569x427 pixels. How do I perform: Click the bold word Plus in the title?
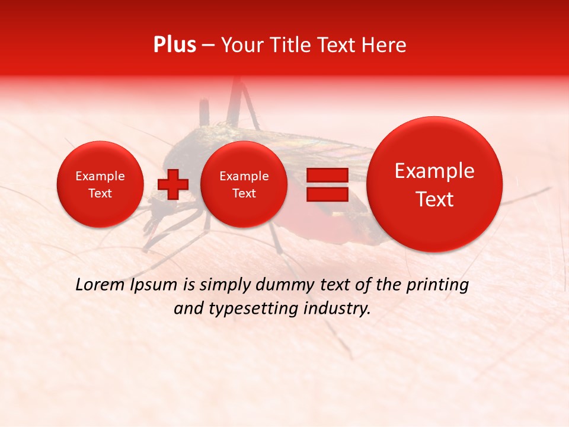(174, 45)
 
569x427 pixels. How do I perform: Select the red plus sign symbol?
(172, 184)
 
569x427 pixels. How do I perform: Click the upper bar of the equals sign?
(327, 175)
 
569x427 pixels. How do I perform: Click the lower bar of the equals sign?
(327, 195)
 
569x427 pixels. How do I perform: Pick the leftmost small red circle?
(100, 184)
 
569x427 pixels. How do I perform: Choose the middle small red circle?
(244, 184)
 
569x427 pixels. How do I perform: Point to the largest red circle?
(434, 184)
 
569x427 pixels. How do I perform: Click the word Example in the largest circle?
(434, 171)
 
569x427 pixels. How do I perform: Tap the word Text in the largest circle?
(434, 199)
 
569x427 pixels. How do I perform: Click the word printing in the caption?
(439, 285)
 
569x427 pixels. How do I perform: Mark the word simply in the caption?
(225, 285)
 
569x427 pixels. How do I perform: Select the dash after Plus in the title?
(208, 46)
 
